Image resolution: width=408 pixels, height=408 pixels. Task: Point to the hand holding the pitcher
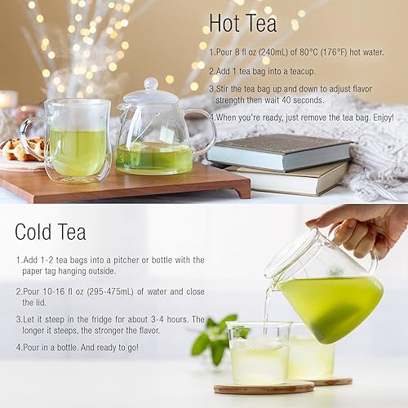coord(359,224)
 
